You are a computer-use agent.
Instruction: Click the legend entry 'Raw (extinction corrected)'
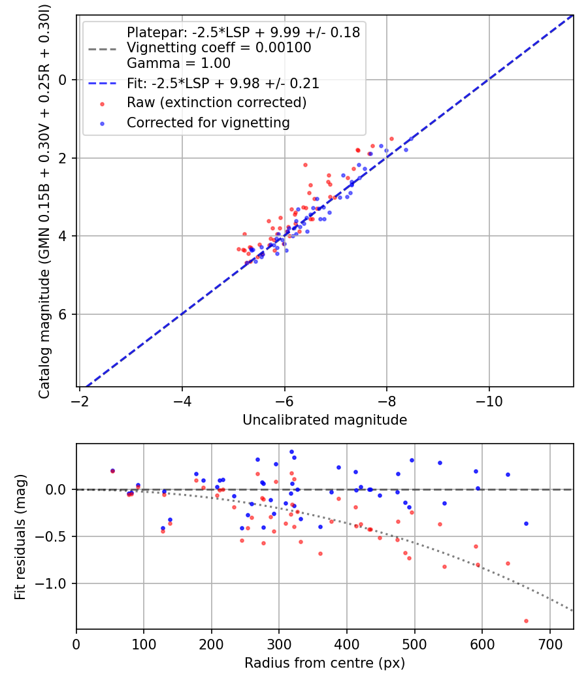tap(216, 103)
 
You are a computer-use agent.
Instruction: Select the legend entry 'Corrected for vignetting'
tap(208, 122)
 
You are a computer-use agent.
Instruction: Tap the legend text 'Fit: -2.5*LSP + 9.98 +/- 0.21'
tap(223, 83)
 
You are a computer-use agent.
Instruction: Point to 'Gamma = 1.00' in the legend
tap(178, 63)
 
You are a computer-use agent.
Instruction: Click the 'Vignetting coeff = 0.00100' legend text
tap(219, 48)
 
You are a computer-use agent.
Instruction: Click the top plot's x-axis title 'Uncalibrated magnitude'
tap(325, 420)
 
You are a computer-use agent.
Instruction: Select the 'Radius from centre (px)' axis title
tap(325, 663)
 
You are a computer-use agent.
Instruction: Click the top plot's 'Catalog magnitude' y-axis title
tap(44, 200)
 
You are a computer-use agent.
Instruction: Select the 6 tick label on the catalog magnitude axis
tap(63, 314)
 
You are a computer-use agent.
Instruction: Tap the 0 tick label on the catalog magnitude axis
tap(63, 80)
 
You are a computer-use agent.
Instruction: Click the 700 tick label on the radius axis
tap(549, 644)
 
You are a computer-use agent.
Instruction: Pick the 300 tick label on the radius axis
tap(279, 644)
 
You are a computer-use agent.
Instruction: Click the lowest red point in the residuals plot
tap(526, 621)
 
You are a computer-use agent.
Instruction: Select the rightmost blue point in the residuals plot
tap(526, 523)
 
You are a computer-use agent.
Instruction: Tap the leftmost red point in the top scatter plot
tap(239, 249)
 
